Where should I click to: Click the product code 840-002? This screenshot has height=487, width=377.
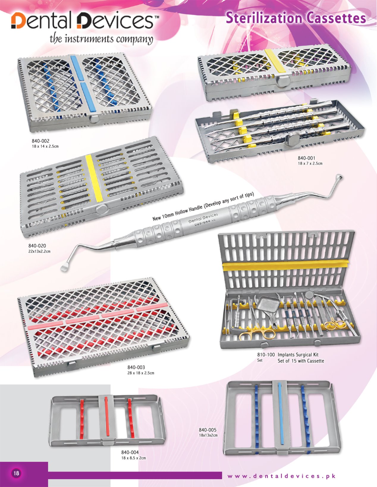(x=40, y=141)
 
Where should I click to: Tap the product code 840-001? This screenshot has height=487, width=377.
(x=307, y=158)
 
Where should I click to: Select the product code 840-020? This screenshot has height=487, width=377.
(x=37, y=246)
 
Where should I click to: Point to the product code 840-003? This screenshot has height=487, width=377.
(x=136, y=367)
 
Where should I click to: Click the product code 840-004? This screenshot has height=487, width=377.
(x=130, y=452)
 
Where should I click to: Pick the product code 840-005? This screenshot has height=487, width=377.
(x=208, y=430)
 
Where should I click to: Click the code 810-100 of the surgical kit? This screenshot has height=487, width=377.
(x=266, y=355)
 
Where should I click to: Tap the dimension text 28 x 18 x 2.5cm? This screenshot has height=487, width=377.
(x=141, y=373)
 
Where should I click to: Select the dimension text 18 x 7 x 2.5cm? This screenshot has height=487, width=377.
(x=310, y=163)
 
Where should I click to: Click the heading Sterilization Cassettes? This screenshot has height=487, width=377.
(x=296, y=18)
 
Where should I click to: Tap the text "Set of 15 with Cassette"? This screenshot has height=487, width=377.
(x=301, y=361)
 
